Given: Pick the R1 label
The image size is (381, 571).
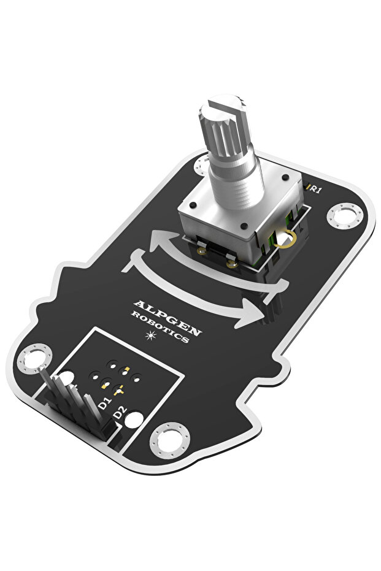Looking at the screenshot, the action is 315,190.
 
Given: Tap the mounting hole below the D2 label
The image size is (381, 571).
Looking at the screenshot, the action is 170,440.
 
